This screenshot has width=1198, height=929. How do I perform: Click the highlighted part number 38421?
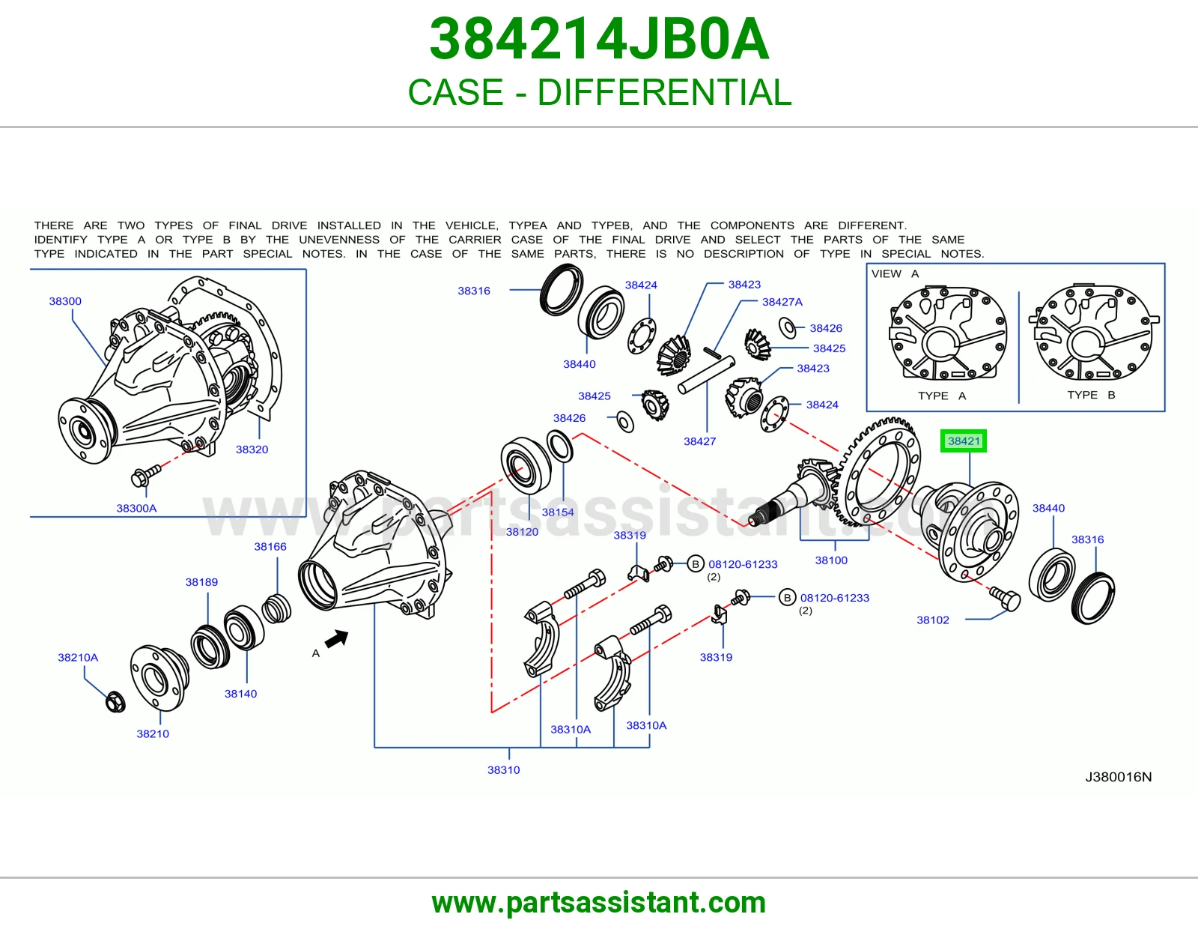963,441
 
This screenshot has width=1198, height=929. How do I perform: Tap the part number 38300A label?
136,508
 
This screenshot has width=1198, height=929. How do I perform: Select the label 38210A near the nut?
78,657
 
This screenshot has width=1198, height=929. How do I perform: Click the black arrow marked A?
337,639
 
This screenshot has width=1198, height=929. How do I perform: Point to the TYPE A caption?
942,396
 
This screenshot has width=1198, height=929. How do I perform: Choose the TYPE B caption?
1091,395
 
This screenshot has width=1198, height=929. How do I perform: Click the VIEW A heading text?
895,273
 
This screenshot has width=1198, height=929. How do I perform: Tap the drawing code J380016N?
1118,777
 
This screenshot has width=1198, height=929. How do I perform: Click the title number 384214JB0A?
599,39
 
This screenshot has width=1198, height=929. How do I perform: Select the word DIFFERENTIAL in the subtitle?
664,91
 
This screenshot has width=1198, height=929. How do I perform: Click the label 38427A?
782,302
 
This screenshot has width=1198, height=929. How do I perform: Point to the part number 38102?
933,620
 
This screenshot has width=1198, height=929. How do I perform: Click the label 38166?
270,546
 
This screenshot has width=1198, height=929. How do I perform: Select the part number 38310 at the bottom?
503,769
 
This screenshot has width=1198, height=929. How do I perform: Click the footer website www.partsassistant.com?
599,903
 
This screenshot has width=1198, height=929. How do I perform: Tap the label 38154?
558,512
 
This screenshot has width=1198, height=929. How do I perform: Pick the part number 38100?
831,560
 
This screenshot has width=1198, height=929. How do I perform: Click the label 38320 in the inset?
252,449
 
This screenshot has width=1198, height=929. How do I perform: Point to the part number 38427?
699,441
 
